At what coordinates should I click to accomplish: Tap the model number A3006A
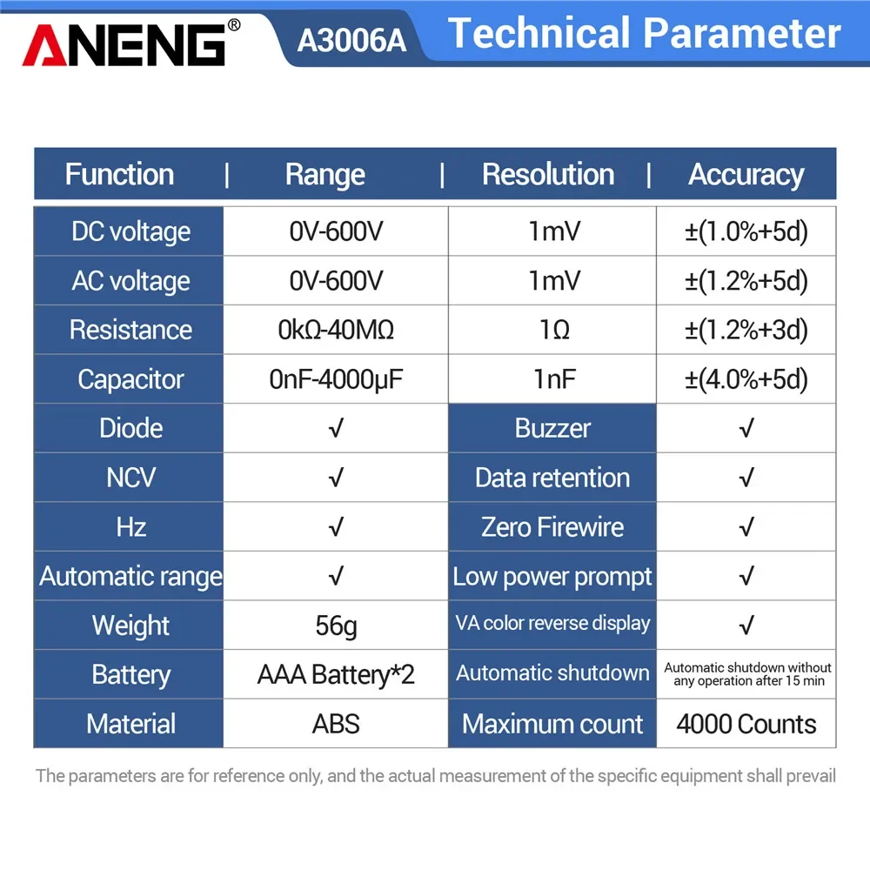tap(351, 41)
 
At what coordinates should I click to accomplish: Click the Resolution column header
tap(548, 174)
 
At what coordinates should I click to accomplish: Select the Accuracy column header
tap(746, 174)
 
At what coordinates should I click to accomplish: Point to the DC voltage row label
tap(130, 231)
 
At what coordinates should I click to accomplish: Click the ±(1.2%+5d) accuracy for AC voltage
tap(746, 281)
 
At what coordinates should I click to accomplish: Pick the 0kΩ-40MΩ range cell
tap(336, 330)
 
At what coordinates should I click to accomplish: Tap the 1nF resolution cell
tap(552, 379)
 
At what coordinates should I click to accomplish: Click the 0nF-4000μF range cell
tap(336, 379)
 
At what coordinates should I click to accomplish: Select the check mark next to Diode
tap(336, 428)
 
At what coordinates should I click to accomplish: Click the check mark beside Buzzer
tap(746, 428)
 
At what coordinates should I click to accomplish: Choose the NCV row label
tap(130, 478)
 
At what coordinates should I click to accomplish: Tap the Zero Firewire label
tap(552, 527)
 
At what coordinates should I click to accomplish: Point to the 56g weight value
tap(336, 626)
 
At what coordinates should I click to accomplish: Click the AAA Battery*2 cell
tap(336, 674)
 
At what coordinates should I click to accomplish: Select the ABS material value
tap(336, 724)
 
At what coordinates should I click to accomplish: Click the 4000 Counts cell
tap(746, 724)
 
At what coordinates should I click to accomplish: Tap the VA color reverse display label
tap(552, 624)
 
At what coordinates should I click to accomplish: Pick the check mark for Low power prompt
tap(746, 576)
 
